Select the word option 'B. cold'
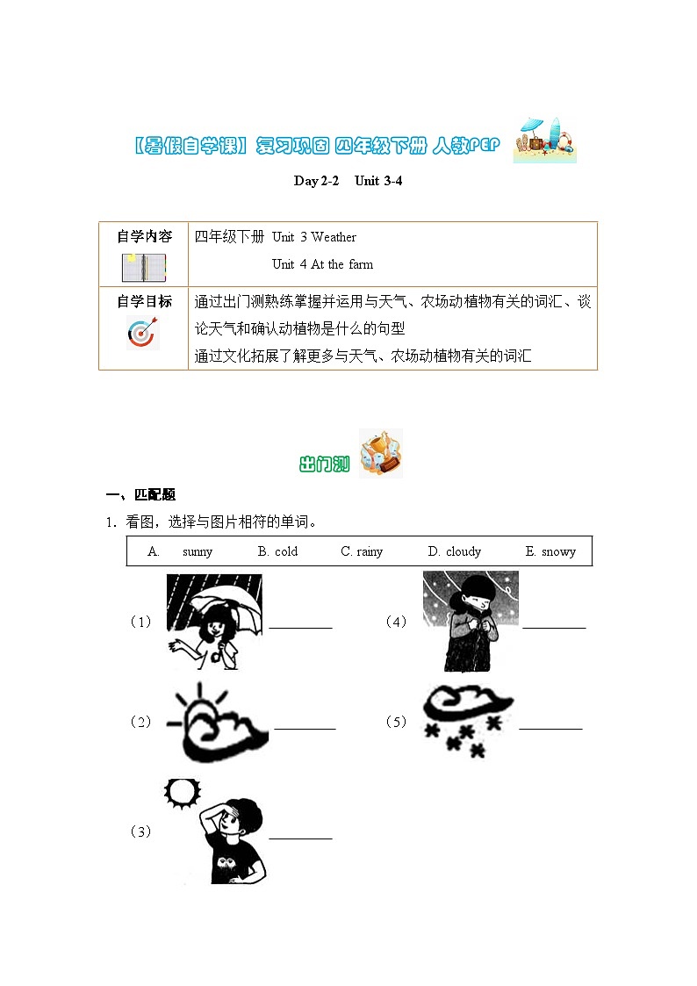click(277, 551)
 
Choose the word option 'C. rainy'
click(362, 551)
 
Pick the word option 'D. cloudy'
click(454, 551)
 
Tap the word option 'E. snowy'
click(550, 551)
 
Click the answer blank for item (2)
click(305, 727)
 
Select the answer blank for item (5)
click(550, 727)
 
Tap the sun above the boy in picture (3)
click(182, 793)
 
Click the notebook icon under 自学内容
click(144, 267)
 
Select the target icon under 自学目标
click(143, 333)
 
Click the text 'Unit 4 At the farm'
click(322, 264)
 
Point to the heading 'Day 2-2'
click(316, 181)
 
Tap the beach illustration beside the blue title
click(544, 140)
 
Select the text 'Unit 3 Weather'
click(314, 237)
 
